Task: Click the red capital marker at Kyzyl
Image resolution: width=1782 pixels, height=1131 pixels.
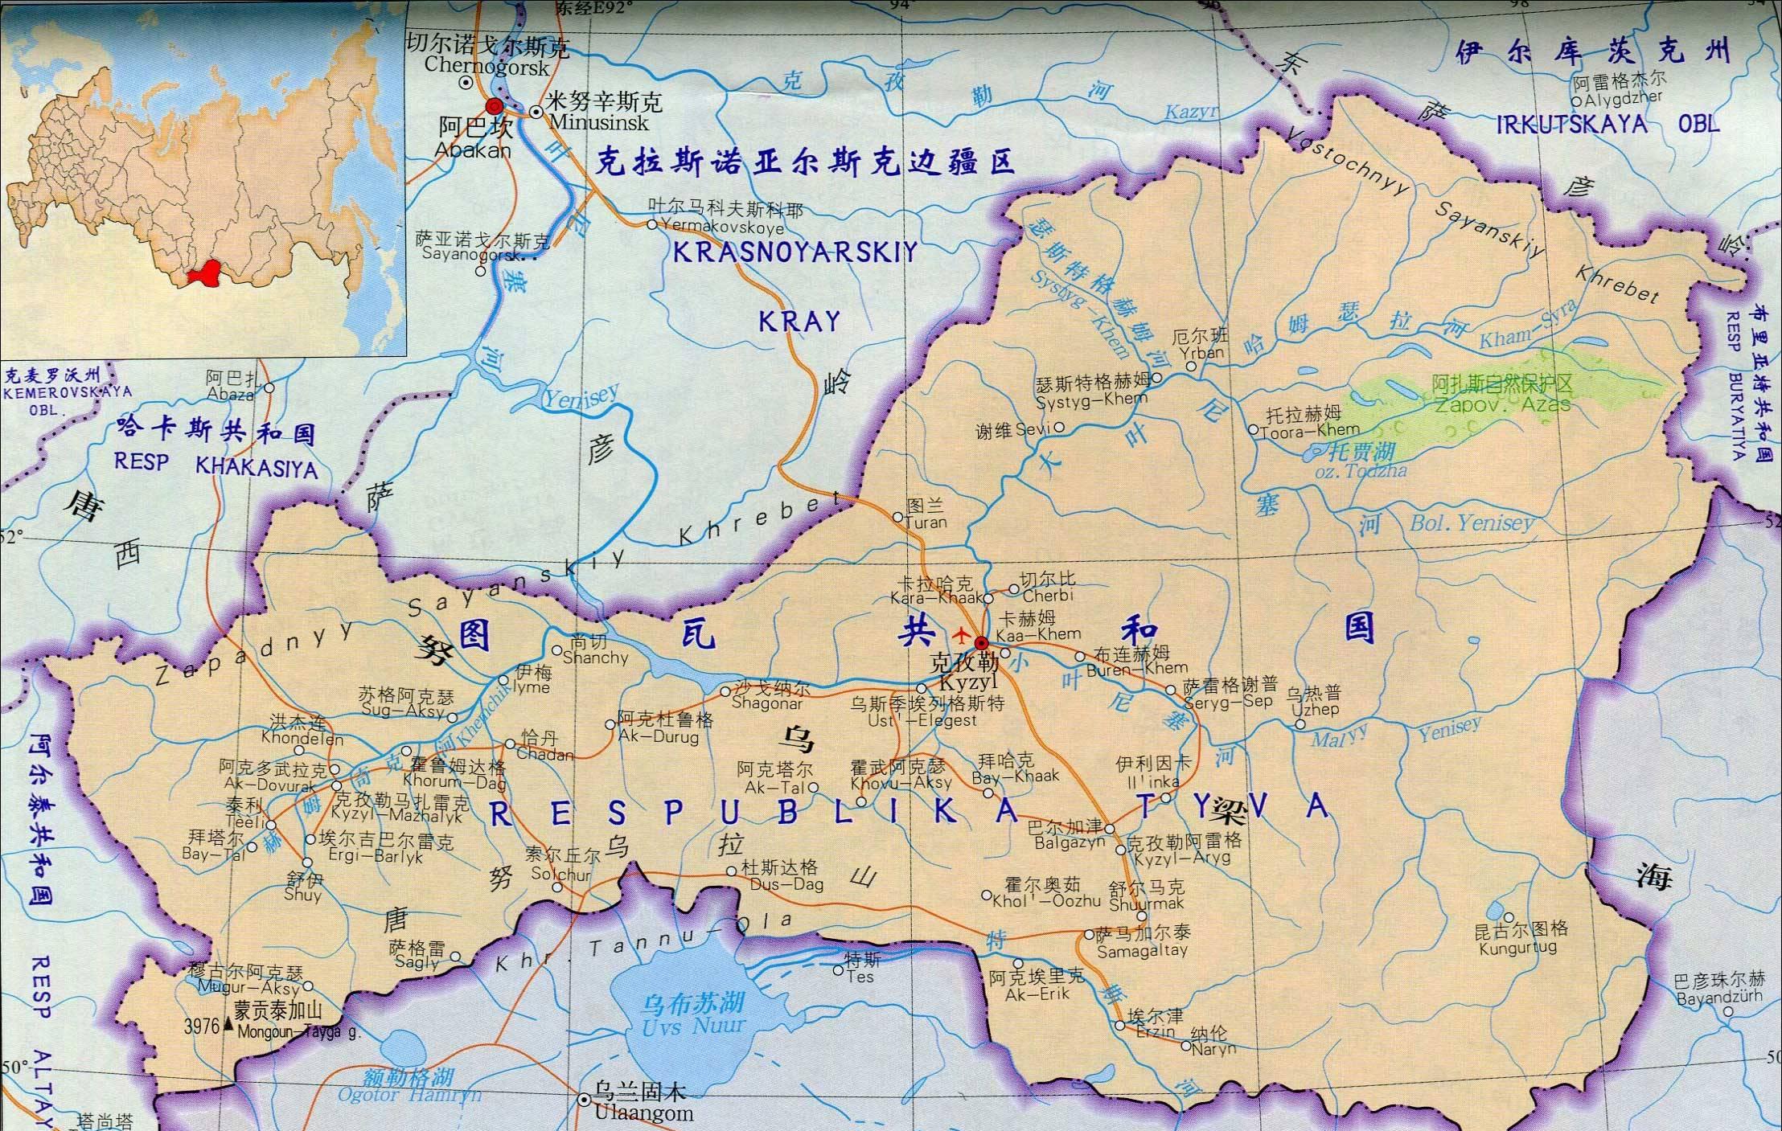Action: point(981,642)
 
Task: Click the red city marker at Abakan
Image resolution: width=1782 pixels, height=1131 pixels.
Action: point(495,107)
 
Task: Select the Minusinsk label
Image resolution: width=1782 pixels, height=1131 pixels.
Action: point(598,122)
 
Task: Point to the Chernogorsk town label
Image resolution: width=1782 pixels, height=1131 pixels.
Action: point(487,67)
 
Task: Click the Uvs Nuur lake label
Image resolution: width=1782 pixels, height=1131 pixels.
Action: point(694,1026)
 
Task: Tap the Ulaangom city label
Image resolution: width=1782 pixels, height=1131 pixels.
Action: point(643,1113)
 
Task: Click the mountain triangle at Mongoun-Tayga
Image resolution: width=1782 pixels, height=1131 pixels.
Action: point(230,1025)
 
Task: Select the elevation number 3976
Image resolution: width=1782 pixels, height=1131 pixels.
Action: point(202,1027)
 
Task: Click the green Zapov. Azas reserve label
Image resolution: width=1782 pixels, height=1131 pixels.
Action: point(1502,404)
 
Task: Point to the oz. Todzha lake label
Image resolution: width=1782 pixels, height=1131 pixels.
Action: point(1359,471)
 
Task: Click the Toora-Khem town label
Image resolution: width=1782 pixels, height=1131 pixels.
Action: point(1309,431)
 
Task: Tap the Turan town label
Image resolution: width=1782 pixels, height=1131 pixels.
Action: point(926,522)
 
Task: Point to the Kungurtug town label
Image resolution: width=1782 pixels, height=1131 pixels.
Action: point(1517,948)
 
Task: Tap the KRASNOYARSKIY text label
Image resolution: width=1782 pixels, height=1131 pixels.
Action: point(795,253)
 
